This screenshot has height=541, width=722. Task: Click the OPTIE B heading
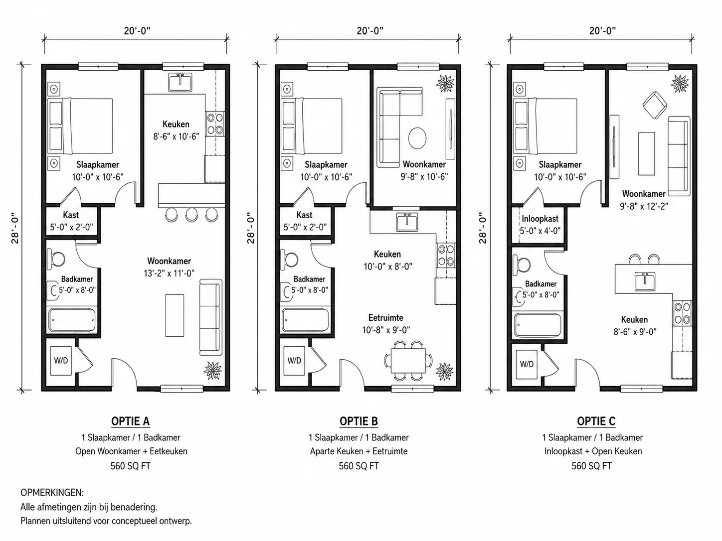click(359, 421)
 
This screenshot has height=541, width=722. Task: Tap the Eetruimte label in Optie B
click(385, 318)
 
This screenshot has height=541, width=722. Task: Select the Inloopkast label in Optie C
click(540, 218)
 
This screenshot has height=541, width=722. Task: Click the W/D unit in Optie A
click(61, 361)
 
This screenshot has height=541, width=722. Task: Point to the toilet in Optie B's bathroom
click(289, 260)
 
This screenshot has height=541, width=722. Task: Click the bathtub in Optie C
click(538, 325)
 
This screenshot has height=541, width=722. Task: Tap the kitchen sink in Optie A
click(180, 82)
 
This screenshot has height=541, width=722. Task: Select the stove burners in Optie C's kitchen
click(683, 313)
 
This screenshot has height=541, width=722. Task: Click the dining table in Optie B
click(408, 361)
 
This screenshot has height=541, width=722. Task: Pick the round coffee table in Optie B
click(417, 138)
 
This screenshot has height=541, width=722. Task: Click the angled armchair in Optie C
click(655, 105)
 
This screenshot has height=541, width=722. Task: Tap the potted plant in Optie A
click(212, 370)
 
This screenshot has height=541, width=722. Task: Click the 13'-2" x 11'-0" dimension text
click(169, 273)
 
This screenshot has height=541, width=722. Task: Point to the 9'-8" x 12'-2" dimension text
click(644, 206)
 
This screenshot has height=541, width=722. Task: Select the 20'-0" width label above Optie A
click(137, 31)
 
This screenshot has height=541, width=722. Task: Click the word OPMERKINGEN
click(52, 493)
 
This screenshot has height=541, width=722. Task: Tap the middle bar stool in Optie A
click(191, 214)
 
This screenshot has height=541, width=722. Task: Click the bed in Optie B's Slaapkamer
click(311, 126)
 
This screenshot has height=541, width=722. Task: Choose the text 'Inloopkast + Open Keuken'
click(593, 451)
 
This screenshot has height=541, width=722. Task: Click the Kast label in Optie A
click(71, 215)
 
